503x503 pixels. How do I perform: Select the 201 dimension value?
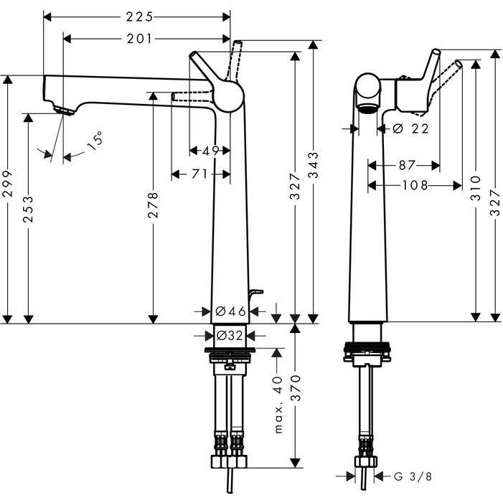(x=139, y=38)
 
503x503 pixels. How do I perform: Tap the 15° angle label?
(x=94, y=140)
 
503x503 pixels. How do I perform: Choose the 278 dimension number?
(x=154, y=206)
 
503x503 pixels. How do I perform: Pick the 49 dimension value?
(x=210, y=151)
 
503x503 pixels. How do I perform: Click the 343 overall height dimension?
(x=313, y=166)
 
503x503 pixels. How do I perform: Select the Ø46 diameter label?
(x=231, y=311)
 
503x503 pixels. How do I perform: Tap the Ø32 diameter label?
(x=229, y=335)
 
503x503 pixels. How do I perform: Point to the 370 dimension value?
(x=295, y=390)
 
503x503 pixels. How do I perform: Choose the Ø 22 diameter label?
(x=411, y=128)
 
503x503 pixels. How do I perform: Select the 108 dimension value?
(x=414, y=185)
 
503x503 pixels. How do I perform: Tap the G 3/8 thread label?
(x=413, y=476)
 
